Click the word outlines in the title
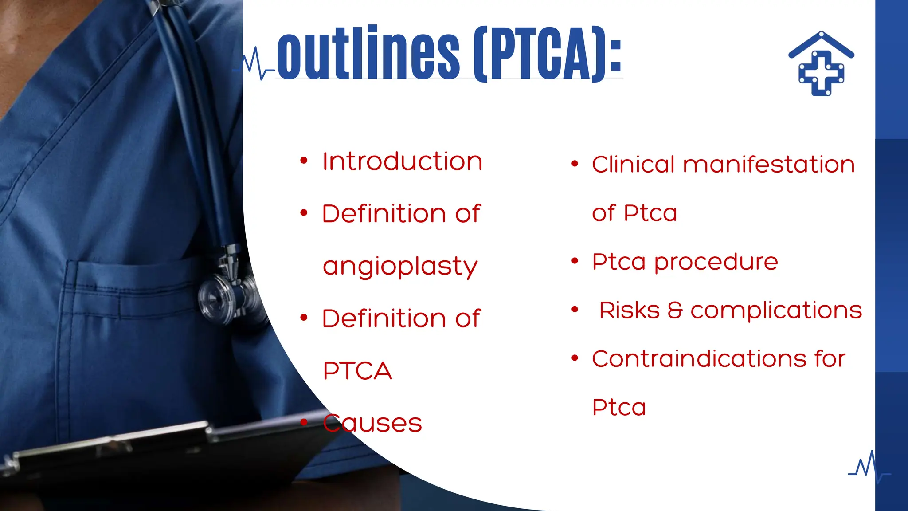pyautogui.click(x=368, y=54)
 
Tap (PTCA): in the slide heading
pyautogui.click(x=548, y=54)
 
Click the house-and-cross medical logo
pyautogui.click(x=821, y=64)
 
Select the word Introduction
pyautogui.click(x=402, y=161)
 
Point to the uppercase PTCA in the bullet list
pyautogui.click(x=357, y=371)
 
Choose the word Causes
pyautogui.click(x=372, y=423)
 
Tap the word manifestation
pyautogui.click(x=769, y=165)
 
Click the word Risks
pyautogui.click(x=629, y=310)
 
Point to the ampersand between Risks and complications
pyautogui.click(x=675, y=310)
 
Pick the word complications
pyautogui.click(x=776, y=311)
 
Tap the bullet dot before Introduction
pyautogui.click(x=304, y=161)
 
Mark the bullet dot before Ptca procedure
pyautogui.click(x=575, y=261)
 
